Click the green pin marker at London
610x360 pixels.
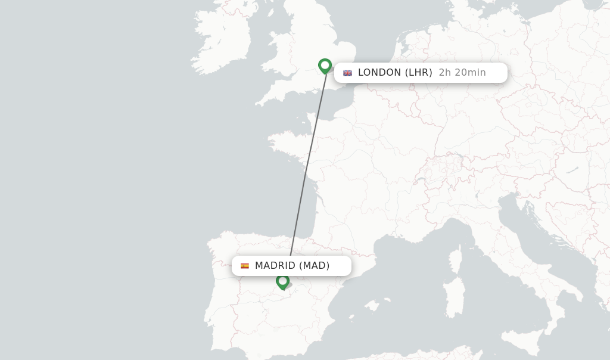[325, 65]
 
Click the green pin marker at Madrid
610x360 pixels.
[282, 281]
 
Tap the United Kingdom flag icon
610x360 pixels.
[347, 73]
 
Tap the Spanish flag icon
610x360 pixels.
[245, 266]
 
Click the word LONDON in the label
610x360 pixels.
[379, 73]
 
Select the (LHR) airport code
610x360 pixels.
[418, 73]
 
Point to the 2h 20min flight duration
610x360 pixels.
[462, 73]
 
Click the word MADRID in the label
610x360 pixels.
[275, 266]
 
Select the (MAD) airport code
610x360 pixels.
[314, 266]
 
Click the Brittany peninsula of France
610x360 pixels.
[286, 143]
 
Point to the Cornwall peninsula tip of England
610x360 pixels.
[262, 101]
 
